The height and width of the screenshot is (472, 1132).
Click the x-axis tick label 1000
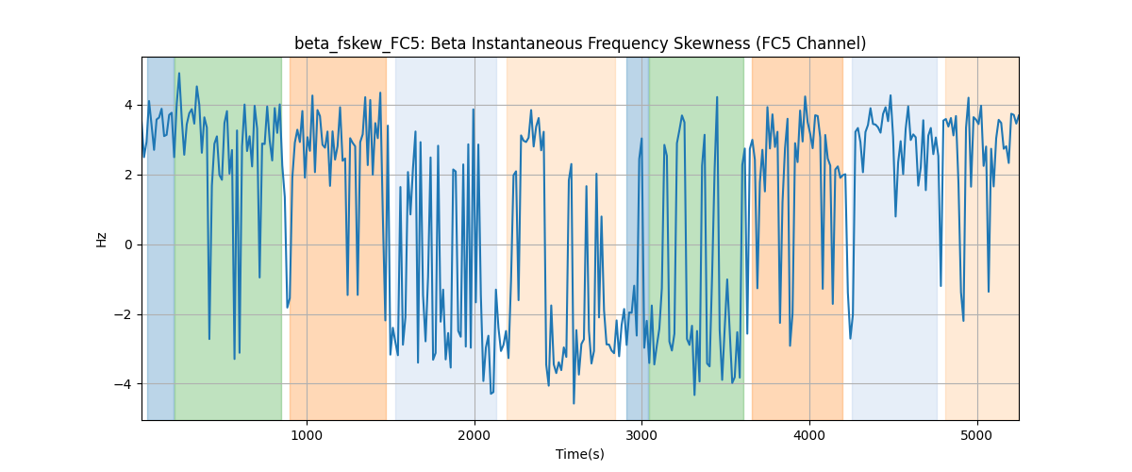click(307, 435)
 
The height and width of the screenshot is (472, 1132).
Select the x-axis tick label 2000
click(474, 435)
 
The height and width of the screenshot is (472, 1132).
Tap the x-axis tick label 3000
click(642, 435)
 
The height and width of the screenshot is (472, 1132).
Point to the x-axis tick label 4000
click(809, 435)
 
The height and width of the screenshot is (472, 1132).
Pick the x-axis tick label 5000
click(977, 435)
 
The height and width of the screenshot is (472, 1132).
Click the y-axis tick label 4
click(129, 105)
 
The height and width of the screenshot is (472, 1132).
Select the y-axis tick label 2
click(129, 175)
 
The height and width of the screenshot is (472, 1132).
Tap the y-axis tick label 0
click(129, 244)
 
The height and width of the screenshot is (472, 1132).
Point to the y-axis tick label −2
click(124, 314)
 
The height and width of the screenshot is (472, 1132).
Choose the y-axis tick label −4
click(124, 384)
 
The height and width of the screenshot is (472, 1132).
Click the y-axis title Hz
click(101, 239)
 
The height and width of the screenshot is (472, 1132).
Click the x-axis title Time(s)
click(580, 454)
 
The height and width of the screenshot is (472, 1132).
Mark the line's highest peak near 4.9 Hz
click(179, 74)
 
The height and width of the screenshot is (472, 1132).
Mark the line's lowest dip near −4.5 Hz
click(574, 403)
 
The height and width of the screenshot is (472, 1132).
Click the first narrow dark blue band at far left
click(160, 238)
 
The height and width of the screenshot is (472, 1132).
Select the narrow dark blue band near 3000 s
click(638, 238)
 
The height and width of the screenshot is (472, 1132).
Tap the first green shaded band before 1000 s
click(228, 238)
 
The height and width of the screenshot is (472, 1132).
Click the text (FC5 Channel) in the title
click(811, 43)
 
